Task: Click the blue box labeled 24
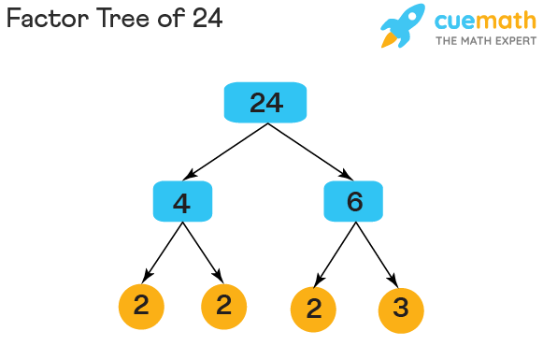[x=266, y=102]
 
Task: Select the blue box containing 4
[x=182, y=201]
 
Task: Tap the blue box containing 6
[x=353, y=201]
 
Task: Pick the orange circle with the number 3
[x=401, y=308]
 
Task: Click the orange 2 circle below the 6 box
[x=314, y=308]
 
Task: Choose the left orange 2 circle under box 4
[x=142, y=306]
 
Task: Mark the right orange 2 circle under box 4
[x=223, y=306]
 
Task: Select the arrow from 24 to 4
[x=226, y=151]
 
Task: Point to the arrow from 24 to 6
[x=309, y=151]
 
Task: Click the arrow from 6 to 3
[x=377, y=254]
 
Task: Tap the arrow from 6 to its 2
[x=335, y=254]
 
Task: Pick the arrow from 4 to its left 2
[x=161, y=252]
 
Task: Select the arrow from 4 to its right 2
[x=203, y=252]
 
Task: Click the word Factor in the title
[x=43, y=19]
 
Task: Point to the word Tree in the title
[x=117, y=19]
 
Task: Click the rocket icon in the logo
[x=403, y=26]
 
